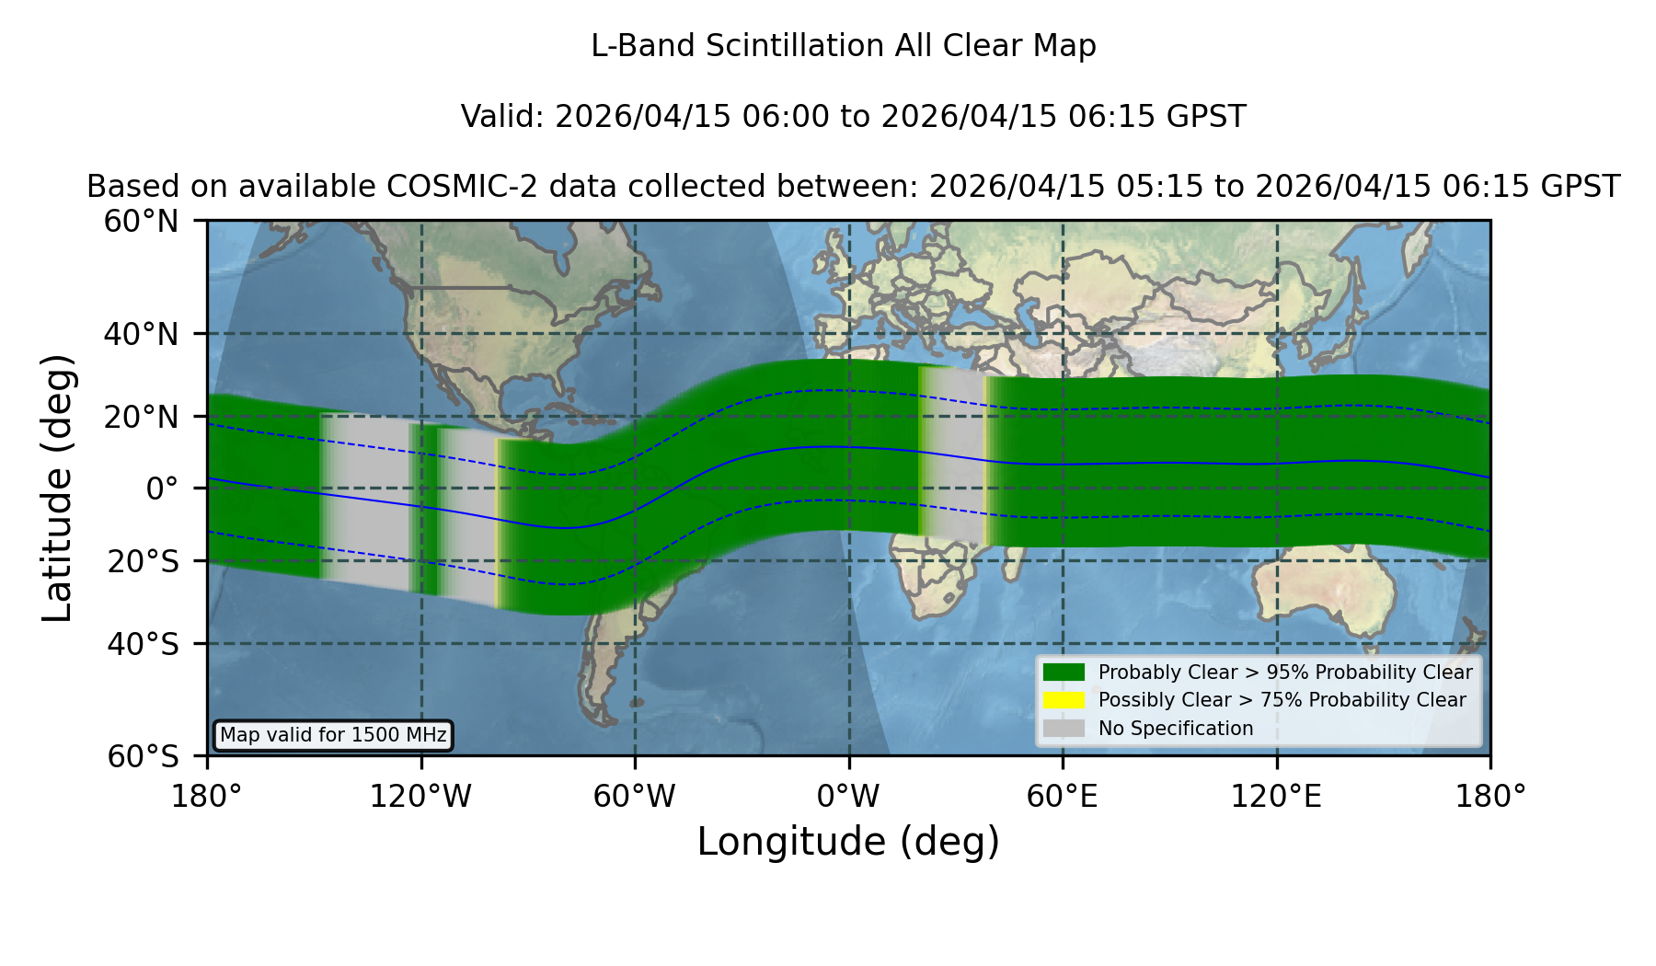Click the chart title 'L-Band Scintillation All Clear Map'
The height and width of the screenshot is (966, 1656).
(x=844, y=46)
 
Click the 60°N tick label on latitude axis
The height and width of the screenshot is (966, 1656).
(x=142, y=222)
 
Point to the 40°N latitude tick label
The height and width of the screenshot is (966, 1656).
(x=142, y=334)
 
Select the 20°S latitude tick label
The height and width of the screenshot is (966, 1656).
(x=144, y=561)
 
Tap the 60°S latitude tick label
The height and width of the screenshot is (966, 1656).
(x=144, y=757)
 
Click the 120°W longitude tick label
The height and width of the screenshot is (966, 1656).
(x=420, y=797)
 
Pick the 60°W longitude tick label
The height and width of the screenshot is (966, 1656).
(x=635, y=797)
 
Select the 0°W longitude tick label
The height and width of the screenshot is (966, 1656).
(x=848, y=797)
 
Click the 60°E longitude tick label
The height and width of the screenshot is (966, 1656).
(x=1063, y=797)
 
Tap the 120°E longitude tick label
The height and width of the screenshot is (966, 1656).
(x=1276, y=797)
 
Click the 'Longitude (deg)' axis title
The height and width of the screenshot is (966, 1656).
(x=848, y=843)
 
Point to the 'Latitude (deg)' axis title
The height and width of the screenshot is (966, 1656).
(x=58, y=488)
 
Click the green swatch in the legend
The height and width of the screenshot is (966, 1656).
(x=1064, y=673)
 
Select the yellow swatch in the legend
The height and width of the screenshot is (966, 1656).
(x=1064, y=700)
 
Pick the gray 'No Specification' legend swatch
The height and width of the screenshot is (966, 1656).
(x=1064, y=729)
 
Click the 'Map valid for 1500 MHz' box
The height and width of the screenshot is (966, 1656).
(x=333, y=735)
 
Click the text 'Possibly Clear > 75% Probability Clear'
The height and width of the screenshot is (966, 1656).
(x=1282, y=700)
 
